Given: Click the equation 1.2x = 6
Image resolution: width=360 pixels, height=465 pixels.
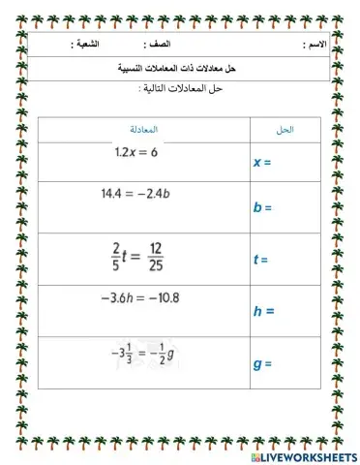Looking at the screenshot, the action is pos(135,152).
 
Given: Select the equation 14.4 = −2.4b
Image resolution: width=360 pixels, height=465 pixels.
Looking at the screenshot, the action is pos(141,194).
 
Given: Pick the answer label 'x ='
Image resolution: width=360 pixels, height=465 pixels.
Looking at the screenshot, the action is pos(260,163).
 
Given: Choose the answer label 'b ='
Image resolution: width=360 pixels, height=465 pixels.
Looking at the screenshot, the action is pos(261,207).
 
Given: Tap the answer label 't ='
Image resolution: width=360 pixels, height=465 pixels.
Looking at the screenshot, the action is pos(259,259).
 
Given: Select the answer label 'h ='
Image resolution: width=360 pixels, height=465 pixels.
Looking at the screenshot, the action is pos(263,311).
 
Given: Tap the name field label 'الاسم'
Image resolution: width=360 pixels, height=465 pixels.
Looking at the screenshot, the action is pos(315,46).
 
